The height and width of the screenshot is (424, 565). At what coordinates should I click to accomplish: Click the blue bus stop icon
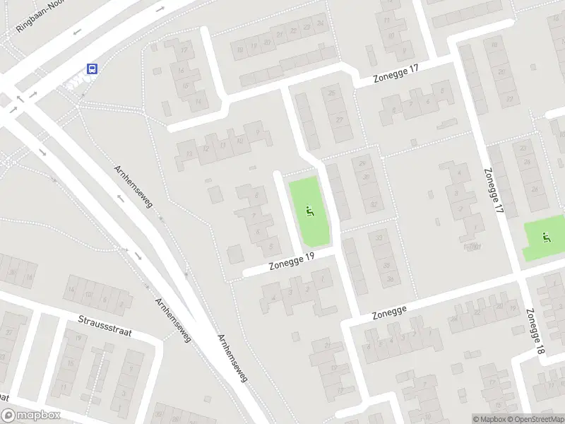click(92, 69)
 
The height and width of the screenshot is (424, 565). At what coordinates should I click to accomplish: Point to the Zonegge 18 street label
click(535, 331)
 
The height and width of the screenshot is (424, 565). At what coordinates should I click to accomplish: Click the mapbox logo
click(31, 416)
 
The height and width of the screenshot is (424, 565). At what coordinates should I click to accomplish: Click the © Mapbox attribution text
click(489, 419)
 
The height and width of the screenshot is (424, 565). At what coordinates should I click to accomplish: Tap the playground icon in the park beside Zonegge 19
click(309, 210)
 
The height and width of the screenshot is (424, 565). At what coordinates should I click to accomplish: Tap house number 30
click(365, 177)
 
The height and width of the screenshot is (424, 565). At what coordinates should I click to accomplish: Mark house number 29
click(362, 163)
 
